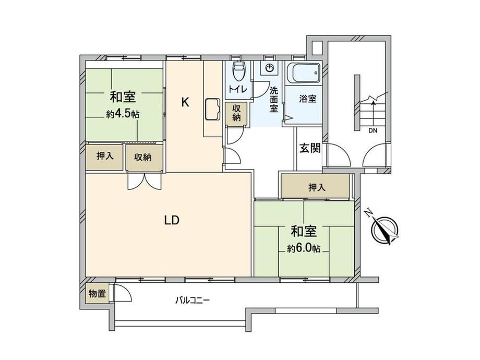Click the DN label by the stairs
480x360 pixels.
tap(373, 131)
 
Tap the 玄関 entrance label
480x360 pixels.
tap(310, 148)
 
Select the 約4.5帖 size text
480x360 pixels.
tap(123, 114)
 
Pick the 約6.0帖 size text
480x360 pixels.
tap(304, 248)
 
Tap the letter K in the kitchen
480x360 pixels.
tap(185, 102)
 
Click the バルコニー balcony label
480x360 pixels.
tap(193, 300)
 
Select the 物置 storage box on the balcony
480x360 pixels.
tap(98, 294)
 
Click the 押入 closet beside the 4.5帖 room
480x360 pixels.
tap(104, 157)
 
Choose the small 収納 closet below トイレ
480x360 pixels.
tap(236, 113)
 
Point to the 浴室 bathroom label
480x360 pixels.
tap(308, 99)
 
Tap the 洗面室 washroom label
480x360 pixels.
tap(274, 100)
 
